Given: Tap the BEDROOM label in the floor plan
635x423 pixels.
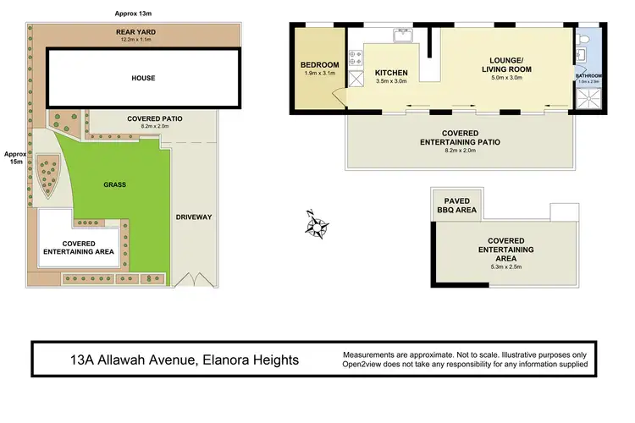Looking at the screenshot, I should [319, 65].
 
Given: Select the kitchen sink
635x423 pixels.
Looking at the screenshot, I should [401, 36].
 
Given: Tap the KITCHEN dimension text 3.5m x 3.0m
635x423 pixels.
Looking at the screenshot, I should [391, 83].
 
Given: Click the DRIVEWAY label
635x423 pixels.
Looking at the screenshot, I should [193, 217].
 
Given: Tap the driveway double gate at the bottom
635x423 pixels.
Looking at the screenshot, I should [194, 279].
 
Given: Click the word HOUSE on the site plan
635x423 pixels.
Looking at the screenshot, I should [143, 78].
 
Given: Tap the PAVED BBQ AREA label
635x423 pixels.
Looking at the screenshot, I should [456, 204].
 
